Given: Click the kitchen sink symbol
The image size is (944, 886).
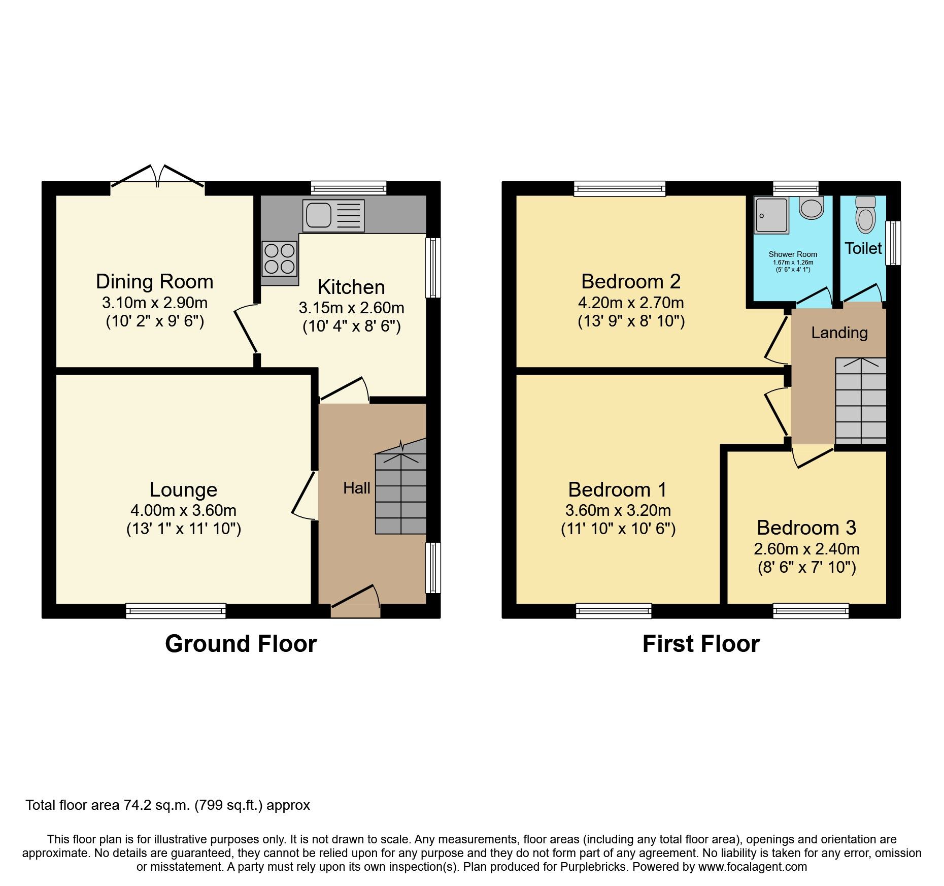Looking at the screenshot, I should tap(333, 215).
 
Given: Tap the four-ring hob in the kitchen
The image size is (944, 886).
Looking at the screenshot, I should tap(279, 258).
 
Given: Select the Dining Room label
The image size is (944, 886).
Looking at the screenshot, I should tap(154, 281).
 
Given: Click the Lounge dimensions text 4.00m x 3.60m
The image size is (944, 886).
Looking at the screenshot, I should tap(183, 510).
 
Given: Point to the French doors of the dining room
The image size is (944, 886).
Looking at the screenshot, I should tap(158, 178).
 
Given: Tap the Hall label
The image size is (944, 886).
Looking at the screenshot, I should tap(356, 488).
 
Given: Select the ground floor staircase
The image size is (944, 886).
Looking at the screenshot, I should tap(400, 493).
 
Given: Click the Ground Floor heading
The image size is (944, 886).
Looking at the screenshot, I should tap(241, 644).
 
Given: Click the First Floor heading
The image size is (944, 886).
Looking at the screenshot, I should tap(700, 644).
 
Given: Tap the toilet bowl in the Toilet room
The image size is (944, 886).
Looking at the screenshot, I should tap(865, 216).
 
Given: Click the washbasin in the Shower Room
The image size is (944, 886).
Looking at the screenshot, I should tap(811, 208).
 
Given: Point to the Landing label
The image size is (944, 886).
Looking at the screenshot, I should tap(839, 333).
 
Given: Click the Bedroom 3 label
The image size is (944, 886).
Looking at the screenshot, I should tap(806, 528).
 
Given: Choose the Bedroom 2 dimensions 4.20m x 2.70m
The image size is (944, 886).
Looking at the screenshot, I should tap(631, 303).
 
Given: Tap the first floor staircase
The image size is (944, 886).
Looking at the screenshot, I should tap(860, 401).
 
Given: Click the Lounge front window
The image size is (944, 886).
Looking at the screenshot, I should tap(176, 610).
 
